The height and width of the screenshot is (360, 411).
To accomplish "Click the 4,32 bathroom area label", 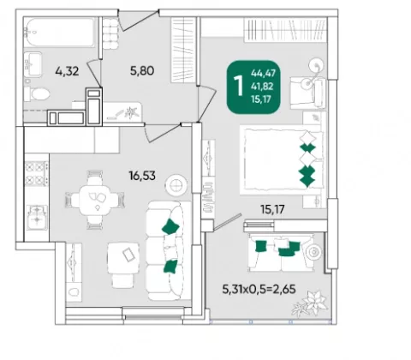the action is point(67,71).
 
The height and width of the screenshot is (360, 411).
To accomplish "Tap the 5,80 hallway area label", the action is point(142,70).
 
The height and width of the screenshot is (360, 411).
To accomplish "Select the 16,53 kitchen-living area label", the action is point(142,176).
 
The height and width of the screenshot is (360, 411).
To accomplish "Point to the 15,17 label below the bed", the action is point(272,209).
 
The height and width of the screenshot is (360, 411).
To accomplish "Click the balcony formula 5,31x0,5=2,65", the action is point(259,290).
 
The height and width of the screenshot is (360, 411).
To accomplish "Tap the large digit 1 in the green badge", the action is point(239,86).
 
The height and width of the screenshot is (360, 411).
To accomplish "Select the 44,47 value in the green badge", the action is point(263,74).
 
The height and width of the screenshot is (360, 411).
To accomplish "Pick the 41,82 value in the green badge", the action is point(262,87).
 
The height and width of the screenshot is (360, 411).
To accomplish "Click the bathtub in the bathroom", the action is point(59,33).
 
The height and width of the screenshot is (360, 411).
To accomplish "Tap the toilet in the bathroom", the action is point(37,93).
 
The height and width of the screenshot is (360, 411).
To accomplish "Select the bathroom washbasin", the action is point(33,64).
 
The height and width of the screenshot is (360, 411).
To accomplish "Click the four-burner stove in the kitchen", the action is point(37,173).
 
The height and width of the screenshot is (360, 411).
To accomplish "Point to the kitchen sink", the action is point(37,218).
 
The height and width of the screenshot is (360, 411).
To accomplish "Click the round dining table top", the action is point(94,201).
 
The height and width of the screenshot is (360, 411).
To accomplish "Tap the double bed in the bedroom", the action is point(282,160).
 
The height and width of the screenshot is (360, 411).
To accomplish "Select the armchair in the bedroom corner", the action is point(308,93).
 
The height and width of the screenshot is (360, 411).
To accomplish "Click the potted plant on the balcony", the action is point(310,303).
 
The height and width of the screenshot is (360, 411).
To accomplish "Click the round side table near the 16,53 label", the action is point(176,186).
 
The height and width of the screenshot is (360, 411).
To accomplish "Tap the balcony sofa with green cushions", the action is point(281,252).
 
